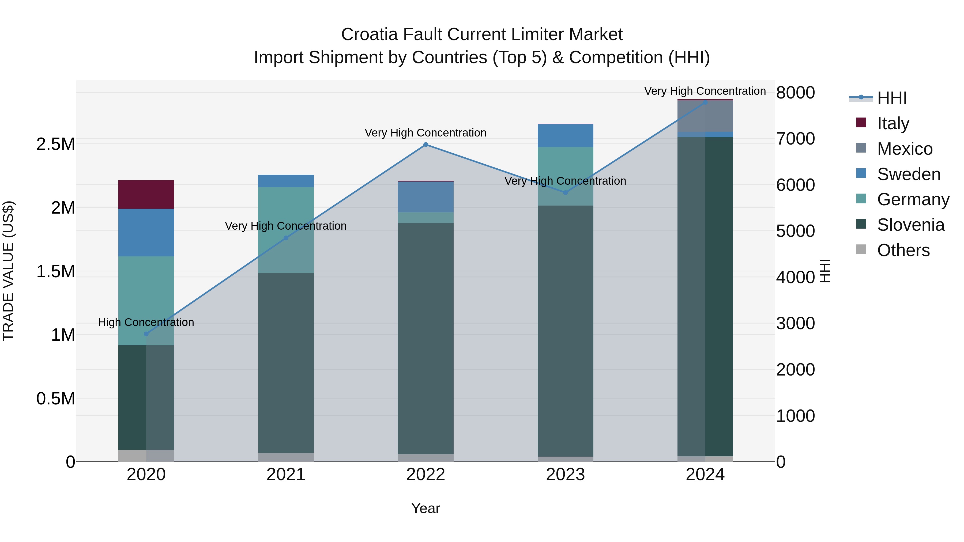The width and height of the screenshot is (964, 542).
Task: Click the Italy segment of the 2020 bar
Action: point(146,195)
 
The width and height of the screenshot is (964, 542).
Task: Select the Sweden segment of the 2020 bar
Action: point(146,232)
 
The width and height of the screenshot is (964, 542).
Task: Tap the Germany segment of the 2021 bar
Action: point(286,230)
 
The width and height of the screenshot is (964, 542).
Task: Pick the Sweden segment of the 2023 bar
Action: point(566,135)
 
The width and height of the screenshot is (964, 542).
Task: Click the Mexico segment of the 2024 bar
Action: point(705,116)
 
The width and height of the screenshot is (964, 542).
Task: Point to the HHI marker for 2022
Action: point(425,145)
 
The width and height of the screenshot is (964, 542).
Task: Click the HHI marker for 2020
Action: point(146,334)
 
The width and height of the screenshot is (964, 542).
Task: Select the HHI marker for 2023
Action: point(566,193)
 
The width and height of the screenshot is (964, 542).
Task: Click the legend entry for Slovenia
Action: point(910,225)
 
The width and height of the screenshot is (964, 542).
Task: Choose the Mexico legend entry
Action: point(905,149)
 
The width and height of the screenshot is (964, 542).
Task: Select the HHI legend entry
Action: point(892,98)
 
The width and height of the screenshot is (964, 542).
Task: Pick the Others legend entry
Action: point(903,250)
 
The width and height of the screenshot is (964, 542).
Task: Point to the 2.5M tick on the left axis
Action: point(56,144)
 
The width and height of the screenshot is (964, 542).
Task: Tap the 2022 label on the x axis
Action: point(425,475)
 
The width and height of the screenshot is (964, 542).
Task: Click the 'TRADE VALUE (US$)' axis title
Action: point(8,271)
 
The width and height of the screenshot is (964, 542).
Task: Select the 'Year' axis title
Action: point(425,508)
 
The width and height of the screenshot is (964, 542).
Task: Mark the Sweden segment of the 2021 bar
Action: point(286,181)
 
